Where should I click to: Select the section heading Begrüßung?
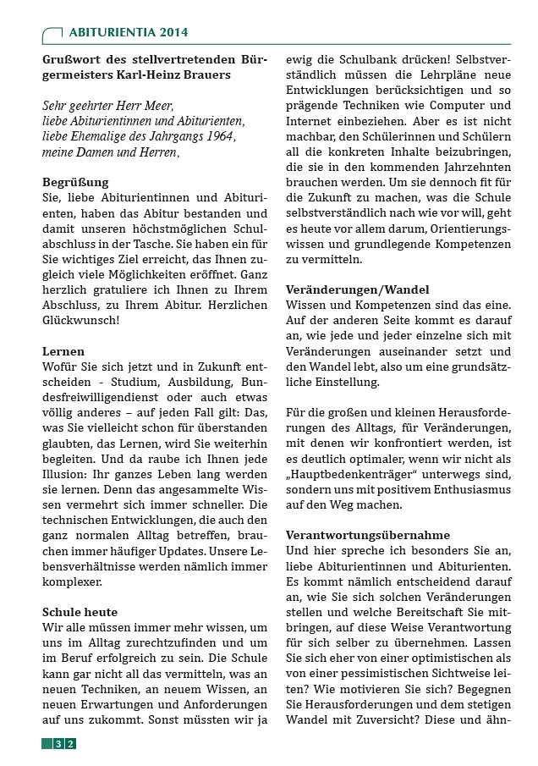click(75, 182)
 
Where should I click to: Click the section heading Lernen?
click(63, 350)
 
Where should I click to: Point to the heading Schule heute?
click(80, 611)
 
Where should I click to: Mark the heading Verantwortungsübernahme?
click(368, 535)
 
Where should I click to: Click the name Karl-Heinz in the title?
click(168, 74)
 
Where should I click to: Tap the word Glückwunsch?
click(81, 321)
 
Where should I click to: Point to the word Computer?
click(483, 106)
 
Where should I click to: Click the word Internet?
click(310, 122)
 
